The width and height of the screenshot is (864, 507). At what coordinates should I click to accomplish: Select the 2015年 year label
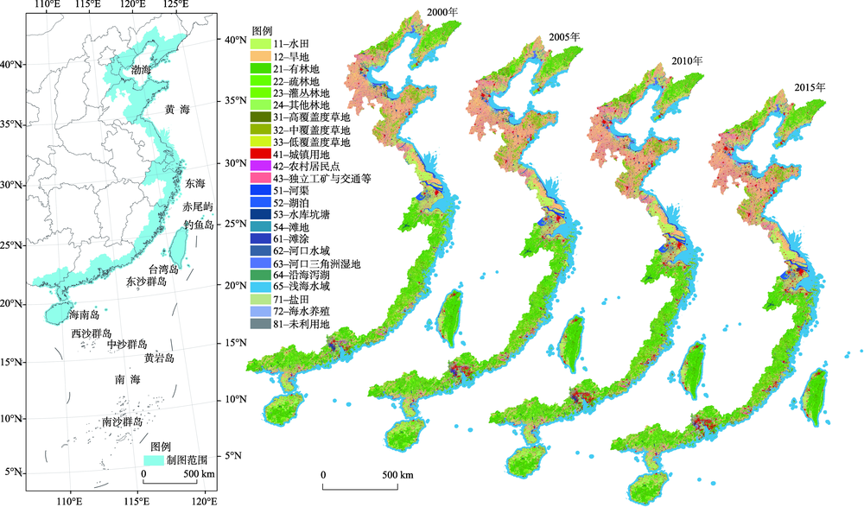tap(810, 87)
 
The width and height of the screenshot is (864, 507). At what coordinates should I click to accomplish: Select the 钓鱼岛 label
tap(198, 224)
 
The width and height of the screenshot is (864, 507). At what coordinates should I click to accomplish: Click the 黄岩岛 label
tap(159, 358)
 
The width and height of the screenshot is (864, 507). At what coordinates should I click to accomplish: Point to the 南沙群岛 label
tap(122, 422)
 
